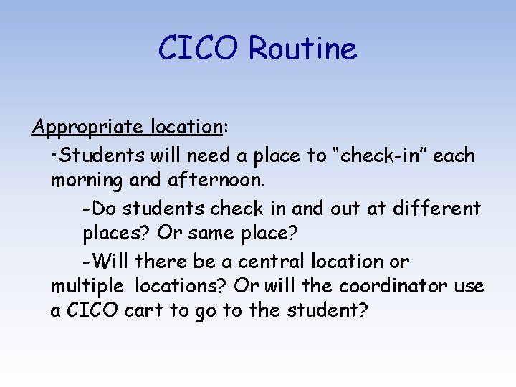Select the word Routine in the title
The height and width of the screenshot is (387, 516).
pyautogui.click(x=302, y=49)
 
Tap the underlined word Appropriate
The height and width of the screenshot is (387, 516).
pyautogui.click(x=89, y=128)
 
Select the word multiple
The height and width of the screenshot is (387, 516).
pyautogui.click(x=87, y=287)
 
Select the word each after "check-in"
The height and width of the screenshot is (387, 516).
pyautogui.click(x=455, y=156)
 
